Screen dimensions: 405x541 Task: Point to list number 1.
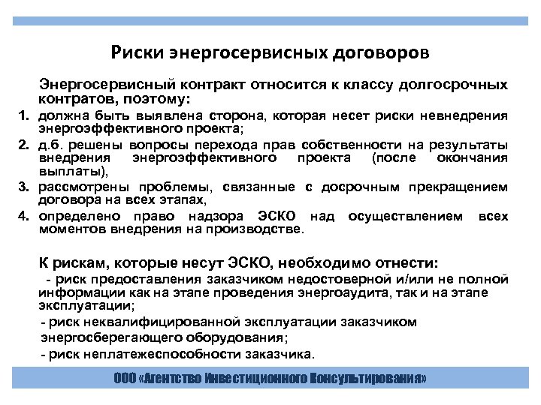coord(23,116)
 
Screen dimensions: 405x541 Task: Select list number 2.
coord(23,144)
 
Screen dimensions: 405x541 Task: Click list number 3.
coord(23,185)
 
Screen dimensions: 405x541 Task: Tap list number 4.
coord(23,216)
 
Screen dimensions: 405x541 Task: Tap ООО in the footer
coord(124,379)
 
